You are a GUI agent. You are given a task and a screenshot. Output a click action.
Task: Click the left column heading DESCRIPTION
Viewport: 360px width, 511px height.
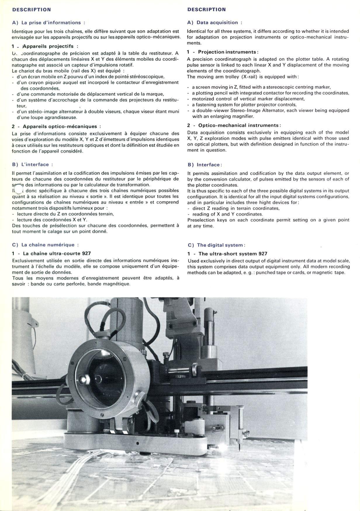pos(32,10)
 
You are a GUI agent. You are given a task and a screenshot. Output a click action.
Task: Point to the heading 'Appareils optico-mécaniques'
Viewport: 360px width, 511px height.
pos(60,126)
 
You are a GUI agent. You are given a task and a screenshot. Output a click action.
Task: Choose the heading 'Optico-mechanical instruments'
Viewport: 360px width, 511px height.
pos(238,125)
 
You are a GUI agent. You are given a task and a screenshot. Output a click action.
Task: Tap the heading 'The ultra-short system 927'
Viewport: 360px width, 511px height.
pos(233,254)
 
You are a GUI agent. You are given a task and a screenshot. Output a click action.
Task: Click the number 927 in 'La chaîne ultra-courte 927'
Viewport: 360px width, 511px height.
pos(86,253)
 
